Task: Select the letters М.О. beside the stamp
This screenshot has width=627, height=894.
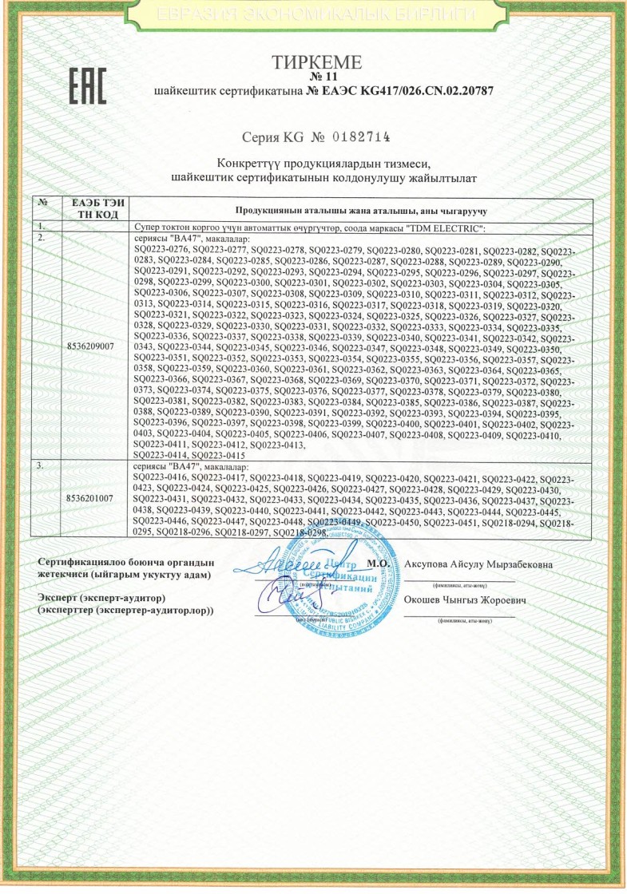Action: pos(376,564)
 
